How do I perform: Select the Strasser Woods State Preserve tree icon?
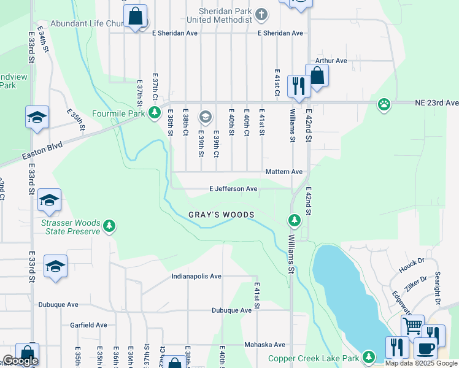(109, 226)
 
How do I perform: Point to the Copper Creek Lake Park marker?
(369, 356)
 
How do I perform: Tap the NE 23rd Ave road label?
(436, 103)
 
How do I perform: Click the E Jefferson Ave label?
(233, 189)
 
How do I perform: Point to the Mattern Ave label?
(284, 172)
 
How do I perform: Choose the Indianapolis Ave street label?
(196, 277)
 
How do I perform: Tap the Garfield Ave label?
(88, 325)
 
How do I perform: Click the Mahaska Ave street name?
(265, 345)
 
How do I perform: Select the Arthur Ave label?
(331, 61)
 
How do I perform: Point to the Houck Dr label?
(412, 265)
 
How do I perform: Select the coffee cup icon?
(425, 348)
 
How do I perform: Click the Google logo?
(20, 361)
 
